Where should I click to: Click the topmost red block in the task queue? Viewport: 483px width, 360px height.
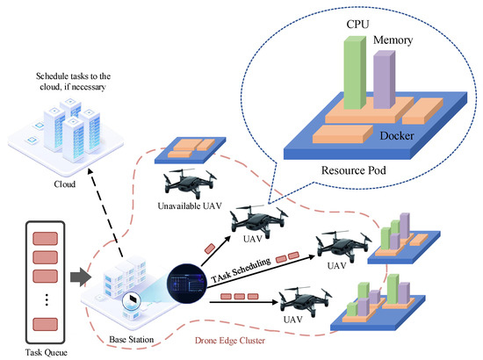(41, 238)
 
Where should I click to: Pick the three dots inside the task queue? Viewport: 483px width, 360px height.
(41, 298)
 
